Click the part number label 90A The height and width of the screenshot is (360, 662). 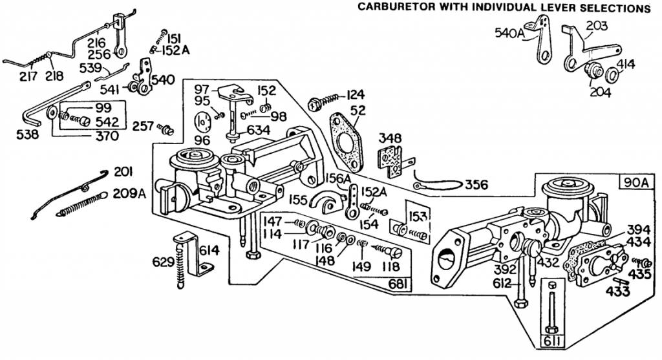coord(635,182)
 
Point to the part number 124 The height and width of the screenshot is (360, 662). coord(356,93)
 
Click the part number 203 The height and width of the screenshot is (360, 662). coord(597,26)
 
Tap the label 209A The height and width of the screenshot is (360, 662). coord(129,193)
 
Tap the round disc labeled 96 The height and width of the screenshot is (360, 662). coord(204,122)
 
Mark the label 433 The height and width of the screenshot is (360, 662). coord(619,291)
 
